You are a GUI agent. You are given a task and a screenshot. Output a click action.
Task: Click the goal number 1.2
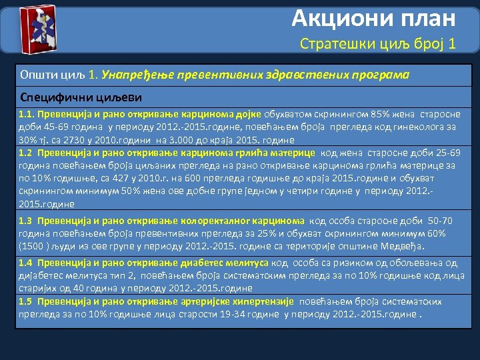pos(26,153)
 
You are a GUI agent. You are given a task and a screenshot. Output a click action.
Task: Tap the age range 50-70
pos(439,221)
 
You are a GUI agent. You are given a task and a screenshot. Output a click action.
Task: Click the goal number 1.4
pos(26,263)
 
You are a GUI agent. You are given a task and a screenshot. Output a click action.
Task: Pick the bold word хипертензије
pos(264,301)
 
